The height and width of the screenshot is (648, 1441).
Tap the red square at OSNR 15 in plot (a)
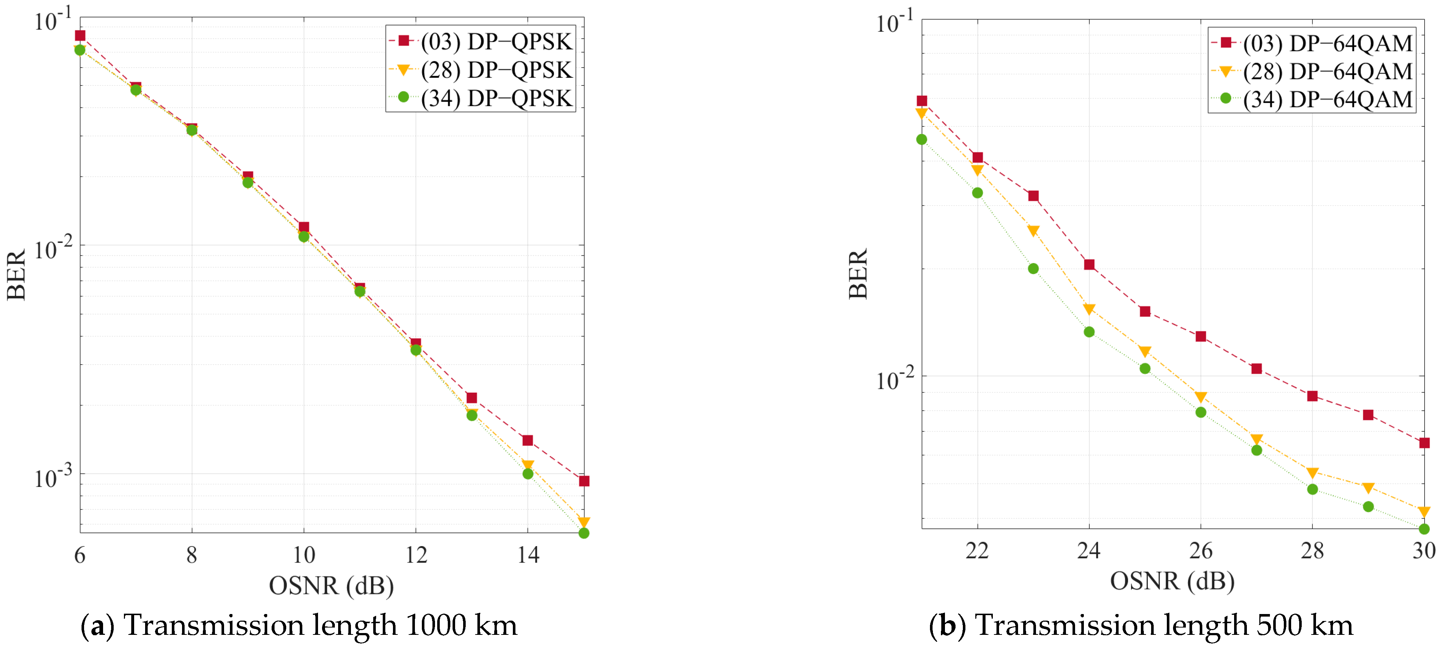[583, 481]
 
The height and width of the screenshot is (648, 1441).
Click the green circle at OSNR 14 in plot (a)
[527, 473]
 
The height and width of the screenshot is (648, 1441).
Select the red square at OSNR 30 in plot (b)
[1424, 443]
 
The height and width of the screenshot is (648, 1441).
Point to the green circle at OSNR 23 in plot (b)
[1033, 268]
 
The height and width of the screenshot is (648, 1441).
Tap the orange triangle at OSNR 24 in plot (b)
[1089, 309]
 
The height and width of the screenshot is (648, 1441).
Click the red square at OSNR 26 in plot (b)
[1200, 336]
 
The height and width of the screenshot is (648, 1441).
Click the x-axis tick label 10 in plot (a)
[304, 554]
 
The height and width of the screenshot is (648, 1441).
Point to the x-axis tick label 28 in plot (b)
[1312, 551]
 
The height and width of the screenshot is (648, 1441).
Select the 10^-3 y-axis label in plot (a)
[53, 477]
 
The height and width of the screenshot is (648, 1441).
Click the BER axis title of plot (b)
[858, 274]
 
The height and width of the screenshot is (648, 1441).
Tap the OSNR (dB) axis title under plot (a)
[331, 586]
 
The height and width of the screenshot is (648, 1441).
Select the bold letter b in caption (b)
[947, 625]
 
